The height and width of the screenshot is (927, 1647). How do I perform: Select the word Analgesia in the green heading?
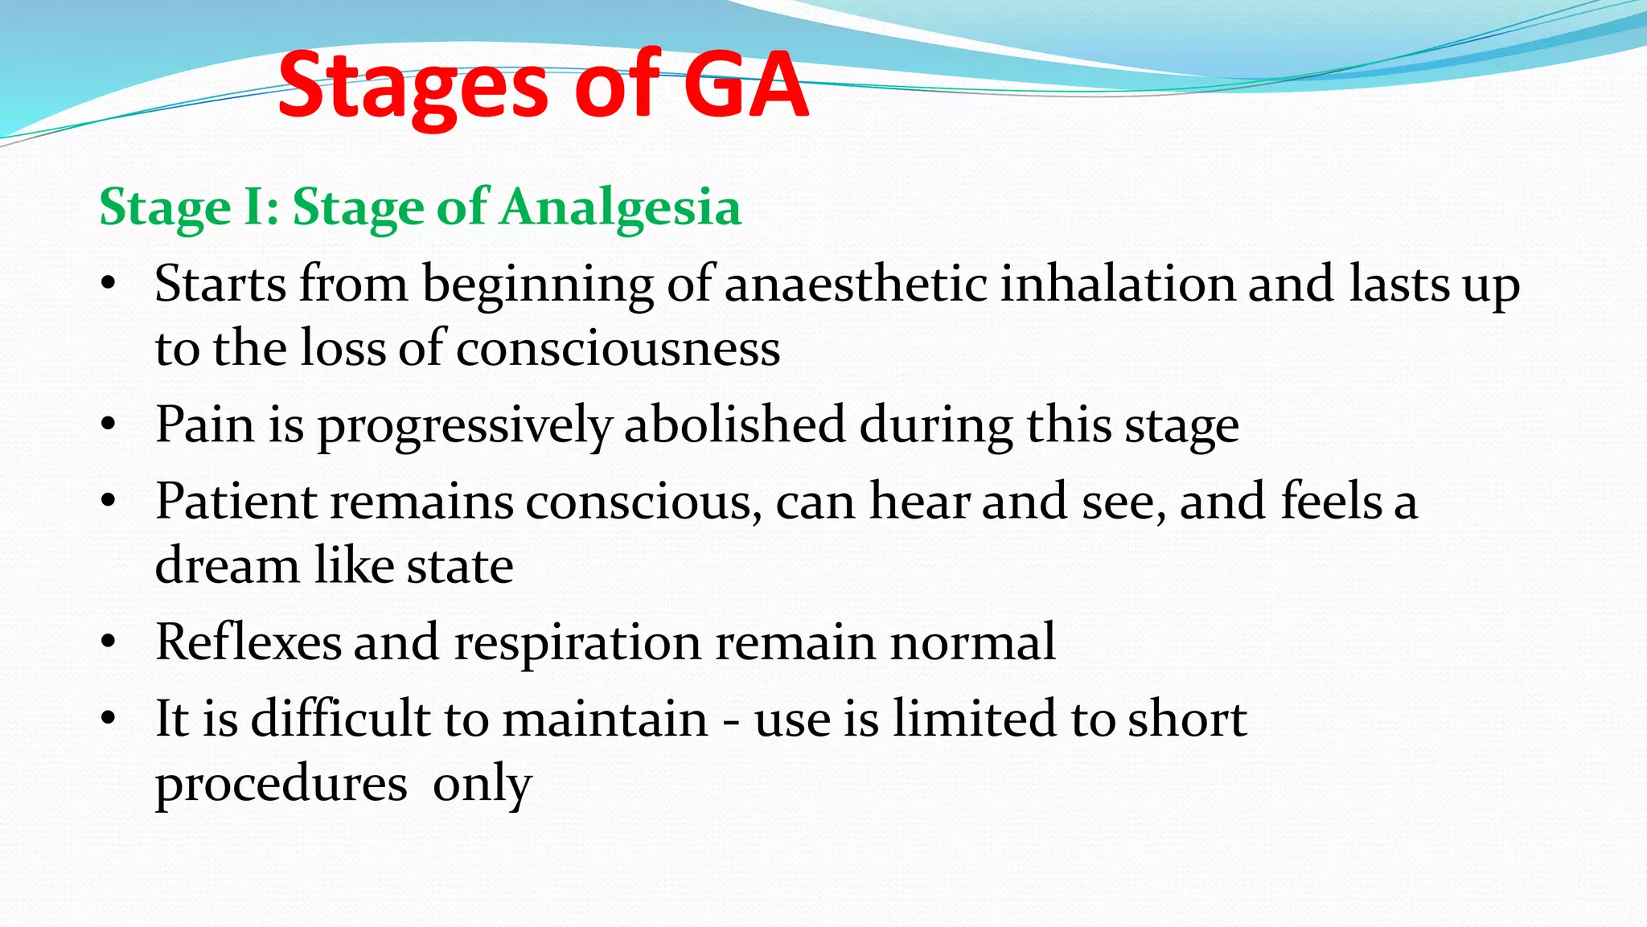tap(619, 207)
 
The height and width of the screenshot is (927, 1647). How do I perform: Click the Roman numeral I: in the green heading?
tap(261, 207)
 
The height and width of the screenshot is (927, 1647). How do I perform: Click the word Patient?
tap(236, 501)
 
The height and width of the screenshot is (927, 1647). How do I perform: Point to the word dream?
tap(227, 565)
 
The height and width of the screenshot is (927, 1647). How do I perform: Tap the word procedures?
tap(281, 784)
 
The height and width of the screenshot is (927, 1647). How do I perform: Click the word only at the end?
tap(482, 784)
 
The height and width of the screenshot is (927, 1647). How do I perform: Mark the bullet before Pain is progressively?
tap(109, 425)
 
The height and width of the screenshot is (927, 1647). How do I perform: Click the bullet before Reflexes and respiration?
tap(109, 643)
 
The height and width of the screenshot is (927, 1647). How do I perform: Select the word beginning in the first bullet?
tap(538, 285)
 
